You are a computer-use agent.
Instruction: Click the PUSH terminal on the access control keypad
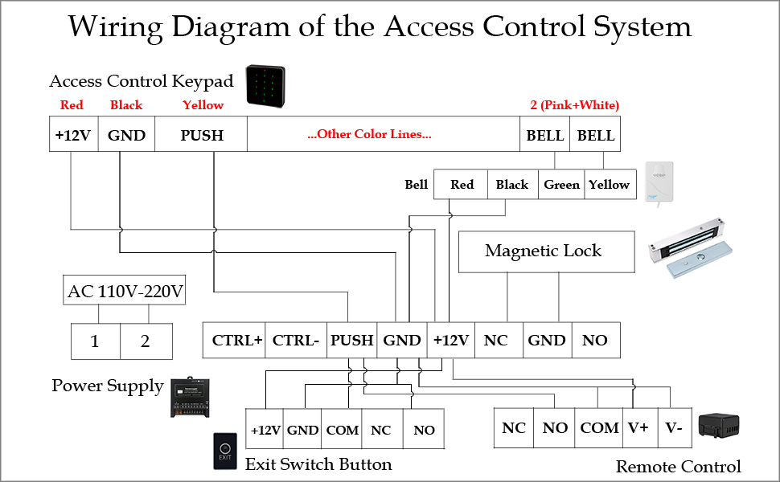click(201, 135)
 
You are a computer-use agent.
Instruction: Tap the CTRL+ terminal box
click(237, 340)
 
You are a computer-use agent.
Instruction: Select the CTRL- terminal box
click(297, 340)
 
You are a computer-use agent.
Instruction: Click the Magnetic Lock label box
click(543, 251)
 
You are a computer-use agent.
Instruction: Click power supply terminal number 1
click(95, 341)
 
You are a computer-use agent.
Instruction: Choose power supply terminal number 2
click(146, 341)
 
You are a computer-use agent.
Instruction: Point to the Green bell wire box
click(561, 185)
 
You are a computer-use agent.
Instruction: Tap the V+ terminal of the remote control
click(638, 428)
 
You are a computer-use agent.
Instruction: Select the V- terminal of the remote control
click(674, 428)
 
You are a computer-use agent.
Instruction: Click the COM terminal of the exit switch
click(343, 431)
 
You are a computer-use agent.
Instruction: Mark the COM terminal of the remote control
click(599, 428)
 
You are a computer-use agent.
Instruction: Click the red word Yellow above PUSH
click(203, 105)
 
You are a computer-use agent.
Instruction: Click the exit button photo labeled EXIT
click(225, 451)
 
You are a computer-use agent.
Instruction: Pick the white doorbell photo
click(659, 182)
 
